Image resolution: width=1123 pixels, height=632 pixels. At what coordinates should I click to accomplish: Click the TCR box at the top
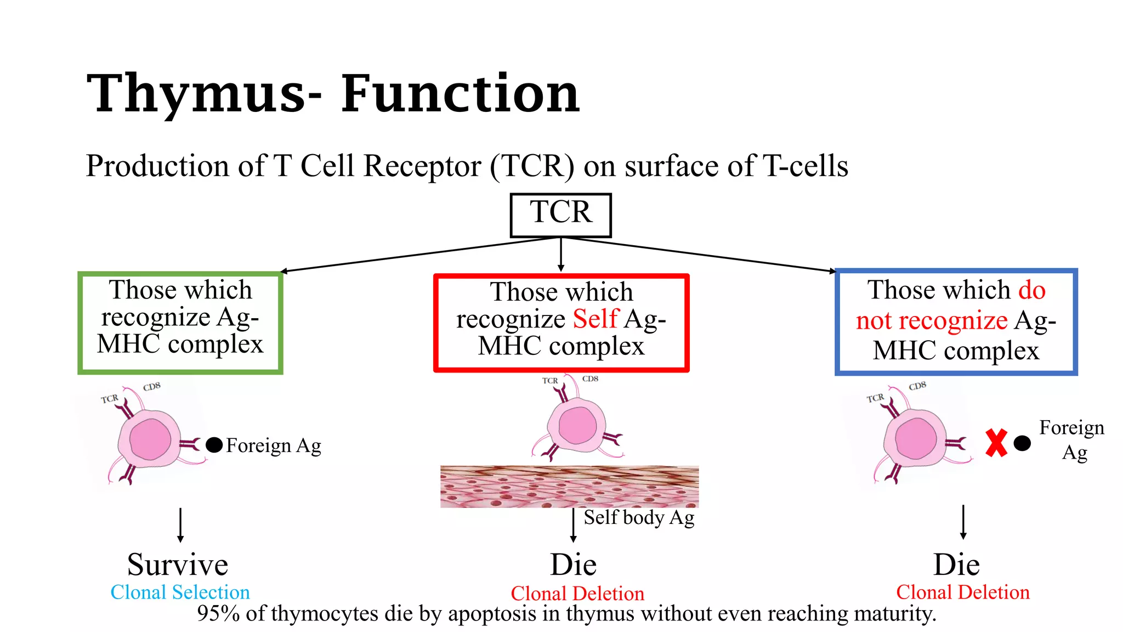point(560,215)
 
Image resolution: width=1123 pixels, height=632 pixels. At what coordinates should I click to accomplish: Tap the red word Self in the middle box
point(595,319)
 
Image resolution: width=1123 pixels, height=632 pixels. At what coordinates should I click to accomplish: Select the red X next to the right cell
point(996,443)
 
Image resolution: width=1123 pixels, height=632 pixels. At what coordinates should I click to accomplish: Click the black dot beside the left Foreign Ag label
point(214,445)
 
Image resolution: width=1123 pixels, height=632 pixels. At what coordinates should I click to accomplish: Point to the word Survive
point(178,565)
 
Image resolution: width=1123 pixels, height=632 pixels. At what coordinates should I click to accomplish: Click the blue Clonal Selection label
point(180,592)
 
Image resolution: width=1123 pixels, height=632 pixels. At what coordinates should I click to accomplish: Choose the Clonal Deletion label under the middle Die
point(577,594)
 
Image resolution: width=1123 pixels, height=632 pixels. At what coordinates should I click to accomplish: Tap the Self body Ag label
point(638,517)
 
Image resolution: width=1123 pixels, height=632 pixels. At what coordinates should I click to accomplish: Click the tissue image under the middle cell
point(569,487)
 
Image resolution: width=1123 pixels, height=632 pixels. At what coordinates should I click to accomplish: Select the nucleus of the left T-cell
point(150,439)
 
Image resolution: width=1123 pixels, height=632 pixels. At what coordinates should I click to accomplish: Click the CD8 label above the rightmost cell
point(917,386)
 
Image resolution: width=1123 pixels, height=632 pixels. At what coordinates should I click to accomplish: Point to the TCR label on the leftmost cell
point(109,399)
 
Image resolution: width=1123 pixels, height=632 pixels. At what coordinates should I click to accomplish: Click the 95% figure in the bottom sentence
point(218,613)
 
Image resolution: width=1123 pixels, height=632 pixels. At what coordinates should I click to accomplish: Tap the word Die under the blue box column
point(956,565)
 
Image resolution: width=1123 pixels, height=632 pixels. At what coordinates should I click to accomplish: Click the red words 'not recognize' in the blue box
point(932,320)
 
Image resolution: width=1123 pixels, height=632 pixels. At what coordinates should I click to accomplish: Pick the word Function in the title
point(461,94)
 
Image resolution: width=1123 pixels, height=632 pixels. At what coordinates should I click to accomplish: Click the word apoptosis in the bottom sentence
point(492,613)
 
